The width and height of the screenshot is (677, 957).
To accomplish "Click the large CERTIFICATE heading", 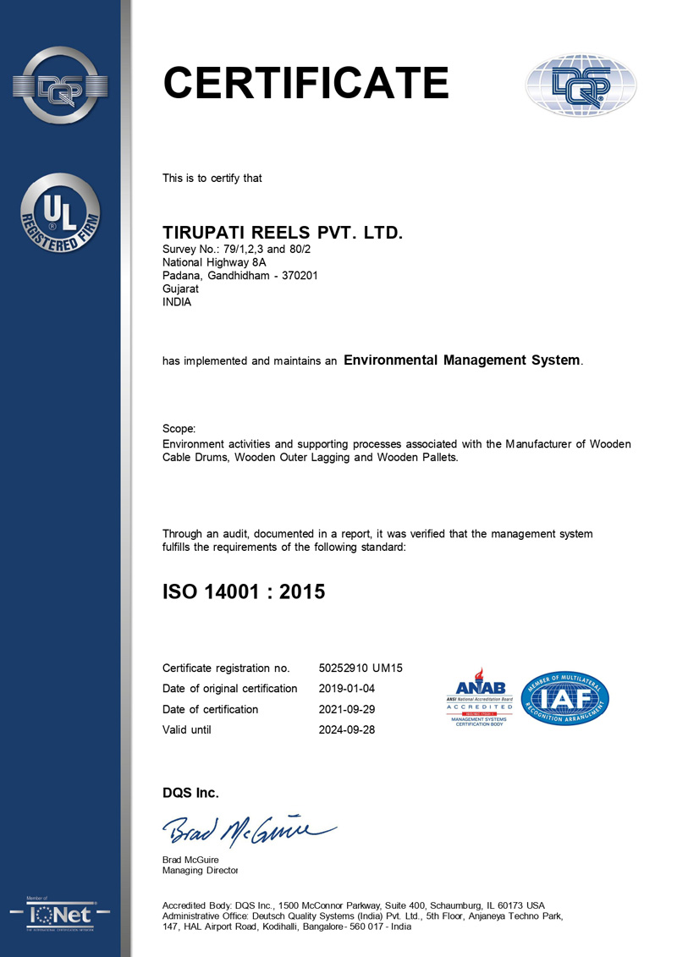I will point(305,83).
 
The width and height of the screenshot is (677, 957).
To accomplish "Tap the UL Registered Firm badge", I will point(59,212).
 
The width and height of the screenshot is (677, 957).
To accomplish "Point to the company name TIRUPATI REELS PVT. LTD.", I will point(283,232).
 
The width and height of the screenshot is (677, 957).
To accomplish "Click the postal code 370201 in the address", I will point(297,275).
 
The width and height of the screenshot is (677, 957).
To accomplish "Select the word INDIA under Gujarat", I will point(177,303).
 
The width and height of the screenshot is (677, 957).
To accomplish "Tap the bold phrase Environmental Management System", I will point(462,360).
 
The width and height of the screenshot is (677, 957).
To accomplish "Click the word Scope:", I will point(179,429).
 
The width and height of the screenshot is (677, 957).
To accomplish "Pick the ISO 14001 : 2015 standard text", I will point(244,591).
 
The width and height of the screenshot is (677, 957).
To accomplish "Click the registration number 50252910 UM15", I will point(360,668).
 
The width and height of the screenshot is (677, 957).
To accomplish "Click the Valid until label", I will point(187,729).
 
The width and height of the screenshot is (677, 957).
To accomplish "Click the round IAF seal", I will point(566,697).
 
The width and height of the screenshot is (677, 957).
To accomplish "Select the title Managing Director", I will point(200,870).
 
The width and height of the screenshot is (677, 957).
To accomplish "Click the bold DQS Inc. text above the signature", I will point(190,793).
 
